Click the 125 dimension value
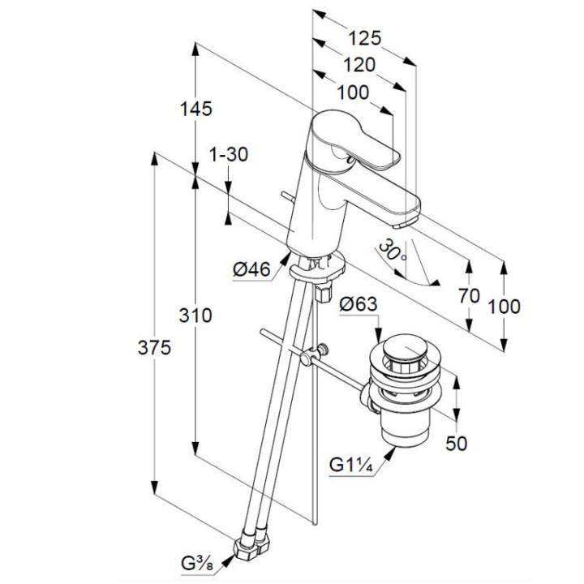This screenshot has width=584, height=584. (x=366, y=38)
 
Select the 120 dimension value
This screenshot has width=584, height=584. (x=358, y=66)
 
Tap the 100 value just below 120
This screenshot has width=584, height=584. (x=351, y=92)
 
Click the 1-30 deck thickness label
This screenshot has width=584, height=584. (x=228, y=155)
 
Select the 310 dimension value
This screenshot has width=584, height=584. (x=195, y=316)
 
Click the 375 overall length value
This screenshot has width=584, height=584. (x=154, y=349)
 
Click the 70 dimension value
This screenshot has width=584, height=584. (x=469, y=296)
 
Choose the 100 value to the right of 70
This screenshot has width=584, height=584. (x=504, y=307)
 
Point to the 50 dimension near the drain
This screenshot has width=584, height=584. (x=457, y=443)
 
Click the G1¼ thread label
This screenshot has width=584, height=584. (x=352, y=466)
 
